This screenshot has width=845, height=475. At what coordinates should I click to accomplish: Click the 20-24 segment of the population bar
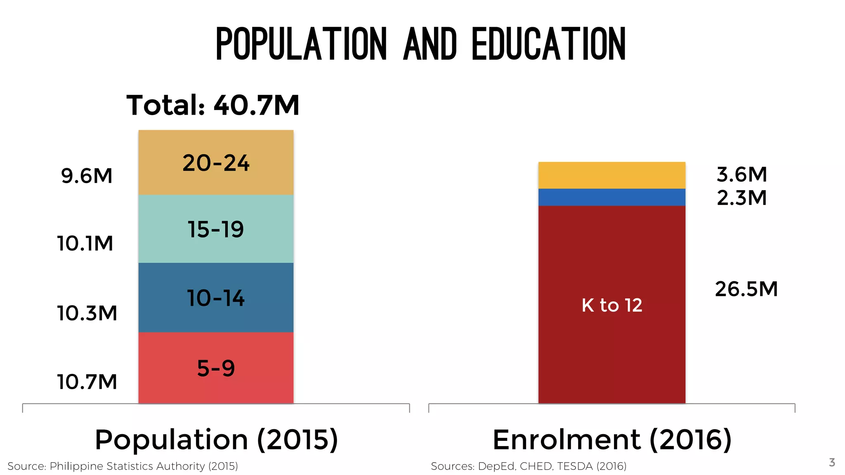pyautogui.click(x=216, y=162)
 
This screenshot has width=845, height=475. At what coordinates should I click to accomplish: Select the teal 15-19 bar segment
pyautogui.click(x=216, y=229)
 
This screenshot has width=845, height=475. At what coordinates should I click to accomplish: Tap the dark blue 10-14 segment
pyautogui.click(x=216, y=298)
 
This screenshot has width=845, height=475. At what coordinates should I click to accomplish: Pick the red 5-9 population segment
pyautogui.click(x=216, y=368)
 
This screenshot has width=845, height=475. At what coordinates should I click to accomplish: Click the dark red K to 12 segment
pyautogui.click(x=611, y=305)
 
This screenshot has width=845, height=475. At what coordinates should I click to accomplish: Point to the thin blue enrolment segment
pyautogui.click(x=611, y=197)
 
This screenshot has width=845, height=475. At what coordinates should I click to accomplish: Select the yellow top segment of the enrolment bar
pyautogui.click(x=611, y=175)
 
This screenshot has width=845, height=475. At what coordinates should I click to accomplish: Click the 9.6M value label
pyautogui.click(x=87, y=176)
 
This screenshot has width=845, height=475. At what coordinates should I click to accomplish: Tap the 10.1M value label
pyautogui.click(x=85, y=243)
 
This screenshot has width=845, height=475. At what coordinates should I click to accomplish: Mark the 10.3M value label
pyautogui.click(x=87, y=313)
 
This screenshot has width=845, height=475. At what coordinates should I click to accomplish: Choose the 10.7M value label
pyautogui.click(x=87, y=382)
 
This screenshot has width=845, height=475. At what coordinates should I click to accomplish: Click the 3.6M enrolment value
pyautogui.click(x=741, y=174)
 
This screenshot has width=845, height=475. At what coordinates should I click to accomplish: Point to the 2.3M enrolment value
pyautogui.click(x=741, y=198)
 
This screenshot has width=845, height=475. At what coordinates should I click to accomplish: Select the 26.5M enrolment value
pyautogui.click(x=746, y=289)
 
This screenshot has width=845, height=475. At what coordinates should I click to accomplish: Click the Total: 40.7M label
pyautogui.click(x=213, y=105)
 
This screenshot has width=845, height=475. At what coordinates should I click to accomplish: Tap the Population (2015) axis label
pyautogui.click(x=216, y=440)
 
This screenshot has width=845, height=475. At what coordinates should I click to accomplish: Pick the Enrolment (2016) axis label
pyautogui.click(x=612, y=440)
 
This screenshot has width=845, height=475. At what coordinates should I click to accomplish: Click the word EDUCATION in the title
pyautogui.click(x=549, y=44)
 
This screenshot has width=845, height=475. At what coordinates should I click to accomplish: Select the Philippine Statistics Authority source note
pyautogui.click(x=123, y=466)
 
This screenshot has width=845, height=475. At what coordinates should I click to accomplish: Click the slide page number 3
pyautogui.click(x=832, y=462)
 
